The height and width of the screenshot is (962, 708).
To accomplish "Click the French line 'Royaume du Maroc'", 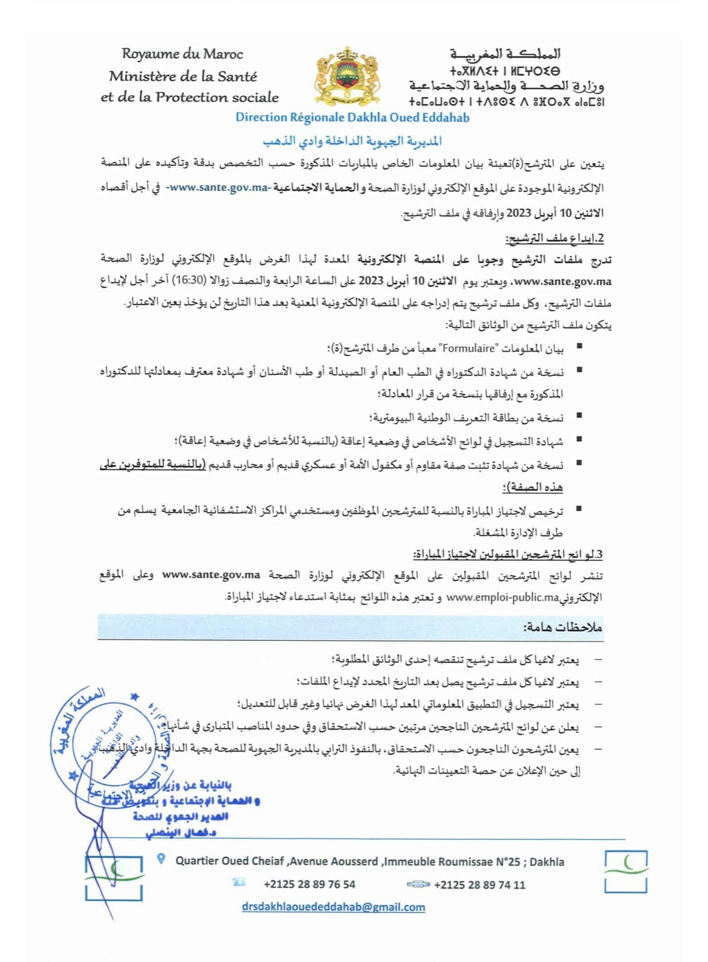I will (x=182, y=54).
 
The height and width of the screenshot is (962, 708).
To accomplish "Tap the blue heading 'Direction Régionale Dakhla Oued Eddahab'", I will (x=352, y=117).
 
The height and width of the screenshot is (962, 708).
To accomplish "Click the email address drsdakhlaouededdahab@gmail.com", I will (x=333, y=907).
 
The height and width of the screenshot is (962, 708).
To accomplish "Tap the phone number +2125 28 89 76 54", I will (x=309, y=884).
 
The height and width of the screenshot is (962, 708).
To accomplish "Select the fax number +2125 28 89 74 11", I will (x=479, y=885).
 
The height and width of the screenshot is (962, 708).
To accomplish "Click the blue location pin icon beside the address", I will (x=161, y=859).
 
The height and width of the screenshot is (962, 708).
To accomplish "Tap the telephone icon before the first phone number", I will (x=239, y=883).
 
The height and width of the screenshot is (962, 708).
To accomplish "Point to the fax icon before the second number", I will (x=418, y=884).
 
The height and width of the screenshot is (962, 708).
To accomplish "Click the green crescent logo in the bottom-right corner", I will (x=626, y=871).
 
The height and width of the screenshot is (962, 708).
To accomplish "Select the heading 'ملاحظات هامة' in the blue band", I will (x=563, y=627).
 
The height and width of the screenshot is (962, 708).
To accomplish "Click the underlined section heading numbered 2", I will (x=554, y=238).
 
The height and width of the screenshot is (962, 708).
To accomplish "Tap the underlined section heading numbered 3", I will (x=507, y=554).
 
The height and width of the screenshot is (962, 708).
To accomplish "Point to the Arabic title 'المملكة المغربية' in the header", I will (x=505, y=54).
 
